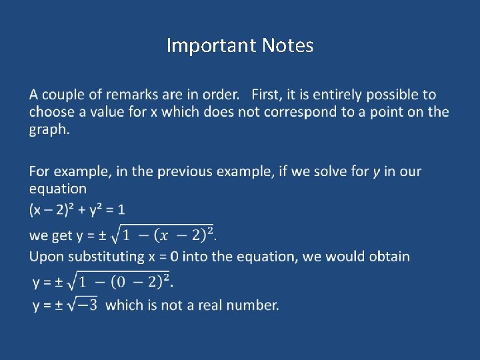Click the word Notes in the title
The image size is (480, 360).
(x=287, y=45)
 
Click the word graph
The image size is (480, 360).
(x=48, y=129)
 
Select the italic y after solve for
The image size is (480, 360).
(x=377, y=171)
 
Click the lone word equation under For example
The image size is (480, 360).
(x=58, y=189)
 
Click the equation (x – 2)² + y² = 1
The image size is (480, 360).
(x=77, y=210)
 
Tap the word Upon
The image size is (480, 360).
(x=46, y=256)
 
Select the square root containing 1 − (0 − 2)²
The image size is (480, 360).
(x=120, y=281)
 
